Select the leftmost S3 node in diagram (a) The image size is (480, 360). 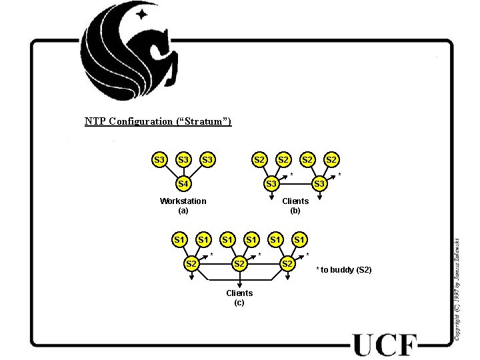tap(159, 160)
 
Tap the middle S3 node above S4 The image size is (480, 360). tap(183, 160)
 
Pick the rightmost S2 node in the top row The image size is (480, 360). tap(331, 160)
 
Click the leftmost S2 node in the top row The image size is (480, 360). tap(259, 160)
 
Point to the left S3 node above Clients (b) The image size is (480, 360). tap(271, 183)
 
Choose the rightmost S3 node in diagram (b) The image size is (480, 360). tap(319, 183)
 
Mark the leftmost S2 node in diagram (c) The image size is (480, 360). tap(191, 263)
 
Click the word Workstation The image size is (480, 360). tap(183, 201)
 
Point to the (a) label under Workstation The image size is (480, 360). tap(183, 210)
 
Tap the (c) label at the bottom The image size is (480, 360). tap(239, 303)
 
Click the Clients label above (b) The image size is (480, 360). tap(295, 201)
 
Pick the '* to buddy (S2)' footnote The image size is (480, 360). tap(343, 269)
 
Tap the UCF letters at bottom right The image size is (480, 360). tap(385, 345)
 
